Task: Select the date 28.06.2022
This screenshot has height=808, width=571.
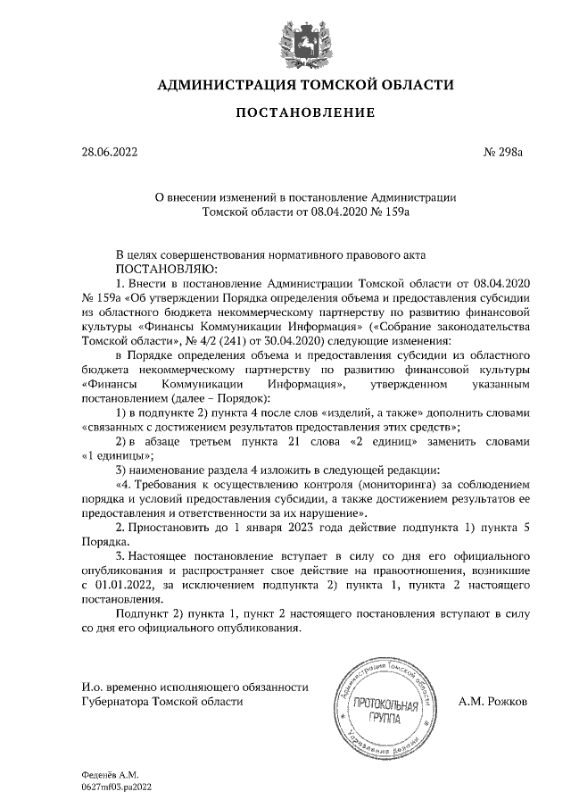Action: pos(110,152)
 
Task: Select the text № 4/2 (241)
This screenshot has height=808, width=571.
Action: pos(190,340)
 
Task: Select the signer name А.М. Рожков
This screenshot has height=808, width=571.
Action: pos(492,702)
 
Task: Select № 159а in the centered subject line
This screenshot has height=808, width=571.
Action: pos(388,212)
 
